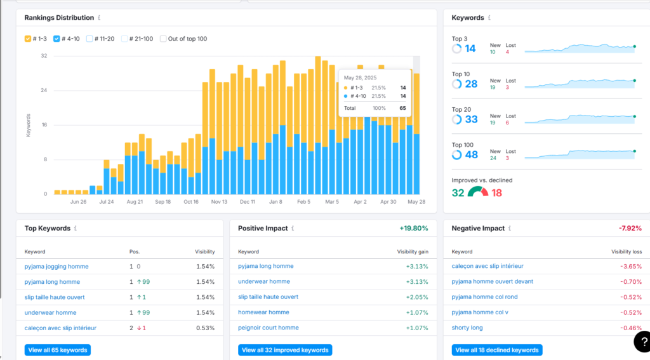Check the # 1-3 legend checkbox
(x=28, y=39)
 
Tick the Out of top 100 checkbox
(x=163, y=39)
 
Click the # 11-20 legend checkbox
(x=90, y=39)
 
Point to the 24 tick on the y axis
(x=44, y=90)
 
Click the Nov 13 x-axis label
(x=219, y=201)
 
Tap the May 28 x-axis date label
(x=416, y=201)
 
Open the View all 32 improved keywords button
(x=285, y=350)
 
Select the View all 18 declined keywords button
(x=497, y=350)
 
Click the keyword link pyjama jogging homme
(x=56, y=266)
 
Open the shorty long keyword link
(x=467, y=328)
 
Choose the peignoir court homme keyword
(x=269, y=328)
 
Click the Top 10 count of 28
(x=471, y=84)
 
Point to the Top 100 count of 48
(x=472, y=155)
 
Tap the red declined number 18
(x=496, y=193)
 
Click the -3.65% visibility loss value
(x=631, y=266)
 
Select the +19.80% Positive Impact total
(x=414, y=228)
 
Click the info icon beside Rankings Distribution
(x=99, y=18)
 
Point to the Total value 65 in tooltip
(x=402, y=108)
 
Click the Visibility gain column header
(x=413, y=252)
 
